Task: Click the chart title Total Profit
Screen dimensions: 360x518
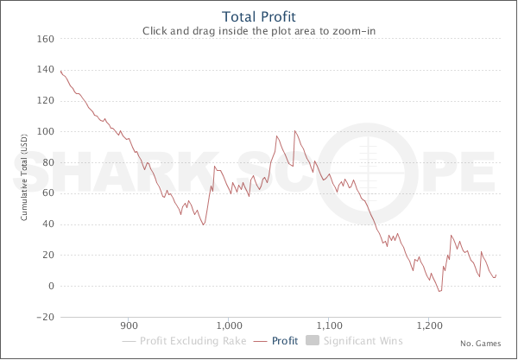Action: coord(259,16)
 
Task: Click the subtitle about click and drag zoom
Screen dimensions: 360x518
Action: coord(259,31)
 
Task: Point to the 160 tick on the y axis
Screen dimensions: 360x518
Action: coord(47,40)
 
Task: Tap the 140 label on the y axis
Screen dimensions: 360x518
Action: coord(47,71)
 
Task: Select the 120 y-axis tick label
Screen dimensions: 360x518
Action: coord(47,102)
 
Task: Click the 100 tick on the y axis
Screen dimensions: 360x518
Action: coord(47,132)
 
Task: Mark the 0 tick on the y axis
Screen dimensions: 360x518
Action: coord(52,287)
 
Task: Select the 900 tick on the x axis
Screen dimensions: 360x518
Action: coord(129,327)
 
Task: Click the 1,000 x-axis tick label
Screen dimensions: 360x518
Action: coord(230,327)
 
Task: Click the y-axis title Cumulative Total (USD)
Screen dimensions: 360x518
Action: coord(25,179)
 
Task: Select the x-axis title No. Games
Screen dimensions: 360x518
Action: coord(479,343)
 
